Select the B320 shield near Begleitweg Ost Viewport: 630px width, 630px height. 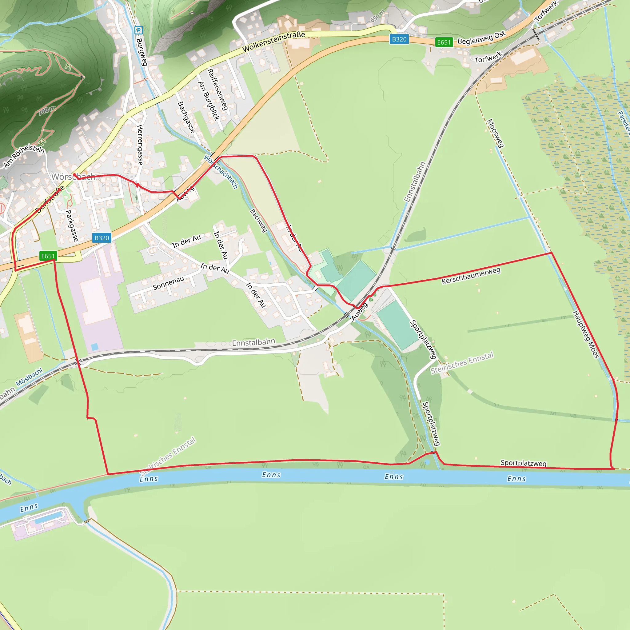tap(399, 39)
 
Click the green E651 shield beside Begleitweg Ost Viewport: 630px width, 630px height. tap(444, 42)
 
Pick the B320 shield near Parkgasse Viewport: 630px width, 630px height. tap(102, 238)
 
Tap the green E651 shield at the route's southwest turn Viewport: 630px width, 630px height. tap(48, 256)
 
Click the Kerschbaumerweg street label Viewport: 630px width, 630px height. tap(471, 276)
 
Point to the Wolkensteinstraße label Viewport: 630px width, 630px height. tap(273, 42)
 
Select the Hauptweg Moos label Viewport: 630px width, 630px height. tap(586, 335)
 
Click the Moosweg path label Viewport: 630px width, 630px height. tap(495, 133)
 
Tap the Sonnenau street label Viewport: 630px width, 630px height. tap(168, 283)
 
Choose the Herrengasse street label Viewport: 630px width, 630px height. tap(140, 145)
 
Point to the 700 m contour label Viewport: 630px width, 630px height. tap(47, 110)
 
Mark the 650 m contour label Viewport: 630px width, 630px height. tap(378, 16)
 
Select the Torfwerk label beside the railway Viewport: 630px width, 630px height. tap(488, 58)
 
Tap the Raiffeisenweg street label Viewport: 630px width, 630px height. tap(217, 89)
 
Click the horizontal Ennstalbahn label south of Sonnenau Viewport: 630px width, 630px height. tap(253, 342)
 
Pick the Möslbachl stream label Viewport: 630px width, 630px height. tap(29, 377)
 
